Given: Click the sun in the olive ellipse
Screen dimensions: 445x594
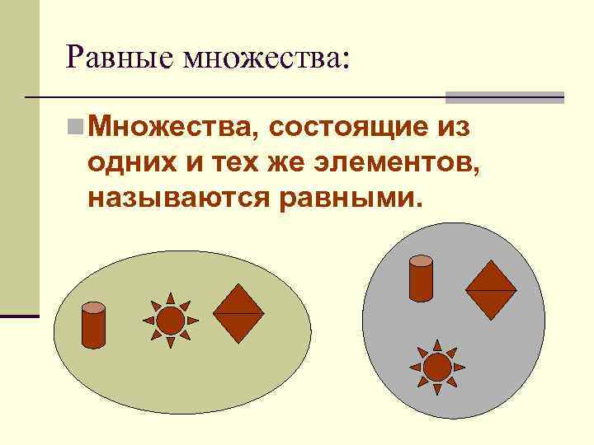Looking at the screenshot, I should point(170,320).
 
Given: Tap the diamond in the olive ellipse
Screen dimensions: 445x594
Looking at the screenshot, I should point(238,314).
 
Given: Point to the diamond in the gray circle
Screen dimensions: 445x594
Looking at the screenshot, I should point(491,291).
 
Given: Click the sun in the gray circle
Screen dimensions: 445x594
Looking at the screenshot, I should point(437,367).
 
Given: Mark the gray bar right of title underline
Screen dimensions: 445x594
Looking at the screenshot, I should point(504,97).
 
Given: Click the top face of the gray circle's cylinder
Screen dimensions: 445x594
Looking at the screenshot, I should point(421,261).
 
